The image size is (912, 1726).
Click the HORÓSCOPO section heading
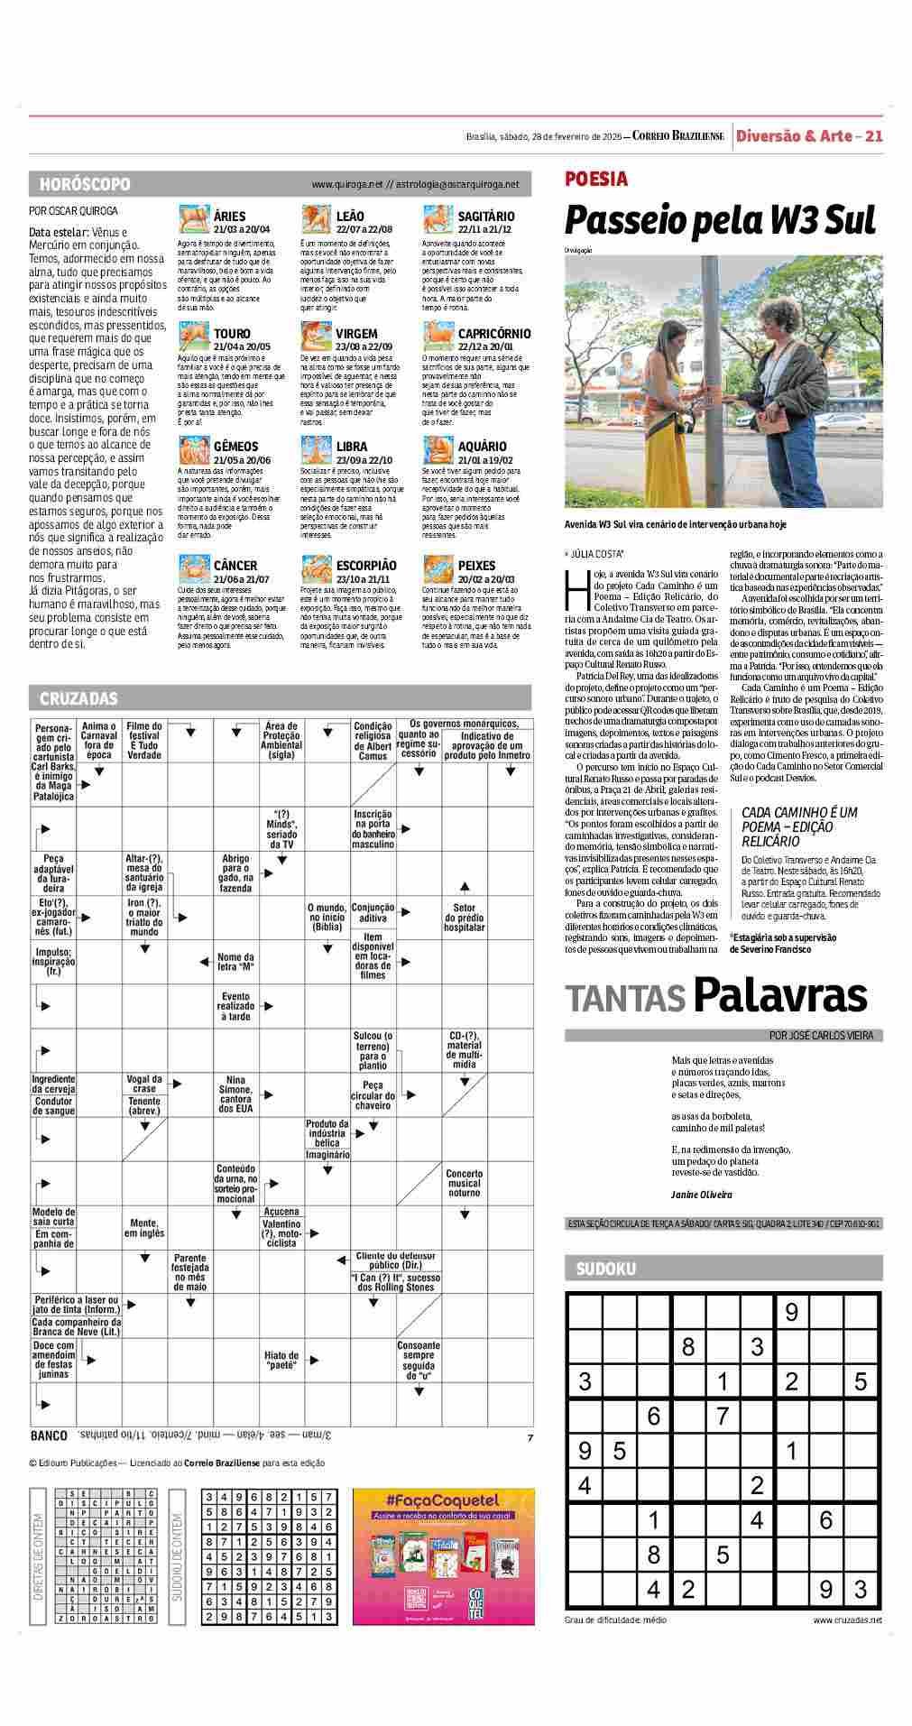tap(85, 184)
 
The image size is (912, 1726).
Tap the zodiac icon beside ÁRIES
tap(192, 220)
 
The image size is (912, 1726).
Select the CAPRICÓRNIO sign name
tap(494, 334)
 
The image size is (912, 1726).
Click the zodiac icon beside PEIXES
tap(438, 569)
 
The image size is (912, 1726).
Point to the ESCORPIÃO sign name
tap(366, 566)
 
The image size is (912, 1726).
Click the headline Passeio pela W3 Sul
tap(720, 221)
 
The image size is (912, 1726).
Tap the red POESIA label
tap(595, 179)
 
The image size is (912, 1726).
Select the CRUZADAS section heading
tap(78, 698)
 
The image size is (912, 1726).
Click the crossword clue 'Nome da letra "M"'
tap(235, 962)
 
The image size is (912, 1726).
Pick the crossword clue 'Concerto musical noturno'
tap(465, 1183)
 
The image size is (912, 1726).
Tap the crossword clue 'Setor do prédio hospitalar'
tap(465, 918)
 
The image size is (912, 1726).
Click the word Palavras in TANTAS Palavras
tap(779, 995)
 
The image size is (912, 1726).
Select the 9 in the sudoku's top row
tap(792, 1311)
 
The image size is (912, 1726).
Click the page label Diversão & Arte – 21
tap(808, 136)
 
